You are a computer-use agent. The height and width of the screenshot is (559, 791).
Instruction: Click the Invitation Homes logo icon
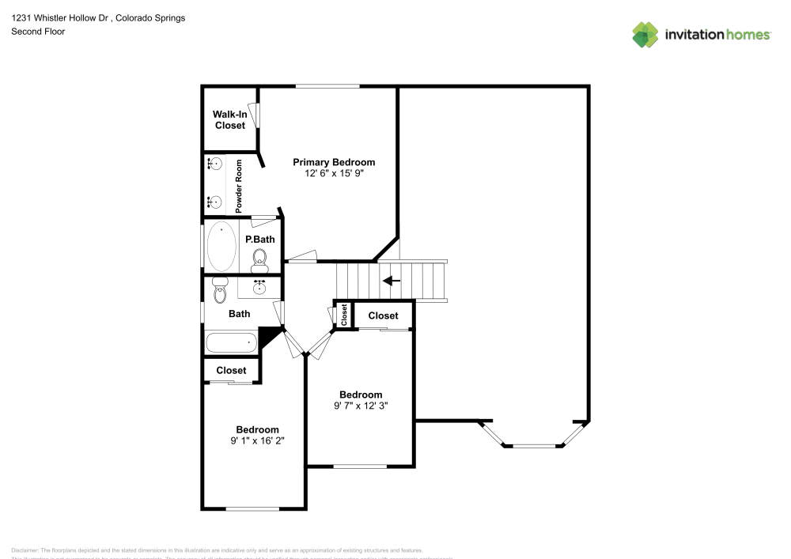pyautogui.click(x=645, y=34)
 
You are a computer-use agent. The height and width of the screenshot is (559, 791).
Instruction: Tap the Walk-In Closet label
pyautogui.click(x=229, y=120)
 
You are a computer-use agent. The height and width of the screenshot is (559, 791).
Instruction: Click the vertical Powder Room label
pyautogui.click(x=239, y=186)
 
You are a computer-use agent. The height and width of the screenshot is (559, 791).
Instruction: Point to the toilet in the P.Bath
pyautogui.click(x=259, y=259)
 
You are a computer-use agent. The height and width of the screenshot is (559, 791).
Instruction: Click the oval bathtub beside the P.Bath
pyautogui.click(x=221, y=246)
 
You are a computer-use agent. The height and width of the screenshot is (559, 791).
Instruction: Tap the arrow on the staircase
pyautogui.click(x=392, y=280)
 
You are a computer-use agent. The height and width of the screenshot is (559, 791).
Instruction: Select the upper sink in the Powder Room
pyautogui.click(x=214, y=164)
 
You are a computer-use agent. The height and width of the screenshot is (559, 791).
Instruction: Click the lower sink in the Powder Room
pyautogui.click(x=214, y=202)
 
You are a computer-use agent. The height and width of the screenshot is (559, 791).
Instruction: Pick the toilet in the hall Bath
pyautogui.click(x=220, y=289)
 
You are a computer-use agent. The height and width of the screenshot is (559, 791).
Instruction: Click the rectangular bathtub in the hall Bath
pyautogui.click(x=232, y=342)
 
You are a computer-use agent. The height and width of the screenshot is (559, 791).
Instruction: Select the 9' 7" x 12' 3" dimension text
pyautogui.click(x=361, y=406)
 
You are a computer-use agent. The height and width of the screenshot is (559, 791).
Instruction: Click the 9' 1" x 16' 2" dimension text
pyautogui.click(x=257, y=440)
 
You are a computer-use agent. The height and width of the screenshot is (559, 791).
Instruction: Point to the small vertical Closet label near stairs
pyautogui.click(x=344, y=315)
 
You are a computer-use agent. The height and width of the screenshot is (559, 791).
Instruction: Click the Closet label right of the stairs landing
pyautogui.click(x=383, y=315)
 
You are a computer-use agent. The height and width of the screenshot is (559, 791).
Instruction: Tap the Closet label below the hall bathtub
pyautogui.click(x=231, y=370)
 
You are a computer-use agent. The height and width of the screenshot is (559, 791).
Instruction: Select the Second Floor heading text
pyautogui.click(x=38, y=32)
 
